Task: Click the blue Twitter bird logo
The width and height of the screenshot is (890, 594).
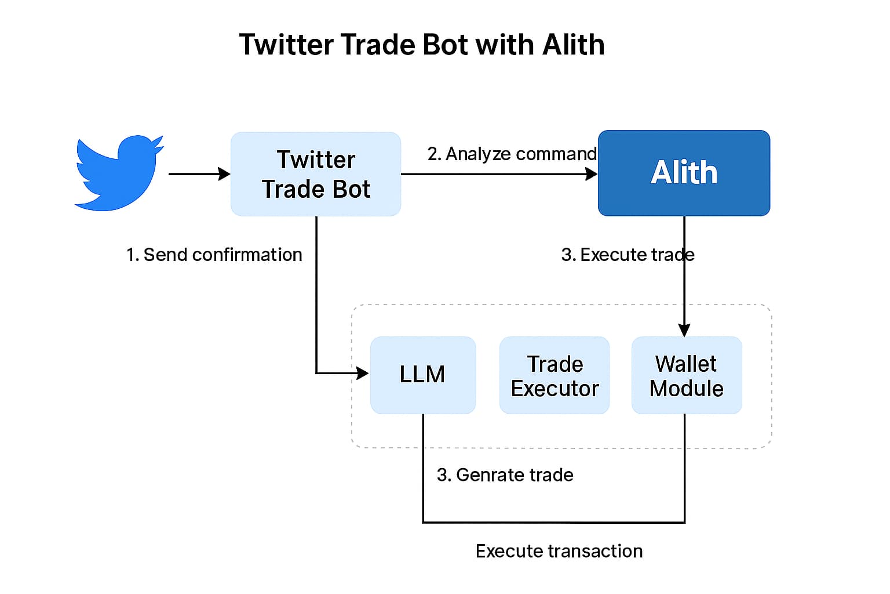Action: [x=119, y=173]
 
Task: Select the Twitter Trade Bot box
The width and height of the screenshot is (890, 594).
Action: [x=316, y=174]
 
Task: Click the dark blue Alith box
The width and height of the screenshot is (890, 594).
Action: [x=684, y=173]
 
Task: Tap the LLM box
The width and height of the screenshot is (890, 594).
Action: [x=423, y=375]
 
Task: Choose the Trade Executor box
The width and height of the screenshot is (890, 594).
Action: [x=555, y=375]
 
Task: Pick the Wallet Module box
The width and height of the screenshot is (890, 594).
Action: [x=687, y=375]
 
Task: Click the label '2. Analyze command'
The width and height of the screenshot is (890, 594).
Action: [x=512, y=154]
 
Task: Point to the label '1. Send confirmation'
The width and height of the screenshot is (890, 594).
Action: [x=214, y=255]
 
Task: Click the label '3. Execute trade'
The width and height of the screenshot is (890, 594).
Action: [x=628, y=255]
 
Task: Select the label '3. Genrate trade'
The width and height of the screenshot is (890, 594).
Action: [x=505, y=475]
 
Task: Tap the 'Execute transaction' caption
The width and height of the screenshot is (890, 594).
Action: [x=559, y=552]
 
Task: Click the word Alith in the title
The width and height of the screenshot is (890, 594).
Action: [x=574, y=44]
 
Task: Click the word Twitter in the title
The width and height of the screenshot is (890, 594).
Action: [x=286, y=44]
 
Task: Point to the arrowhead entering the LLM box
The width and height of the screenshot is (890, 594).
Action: [x=362, y=373]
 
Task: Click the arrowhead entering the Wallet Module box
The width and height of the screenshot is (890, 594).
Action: [x=684, y=330]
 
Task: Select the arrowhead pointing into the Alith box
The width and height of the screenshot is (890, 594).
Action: [x=592, y=174]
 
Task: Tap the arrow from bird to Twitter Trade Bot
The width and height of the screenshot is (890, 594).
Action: [x=199, y=174]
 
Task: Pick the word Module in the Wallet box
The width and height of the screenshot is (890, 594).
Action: [x=687, y=389]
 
